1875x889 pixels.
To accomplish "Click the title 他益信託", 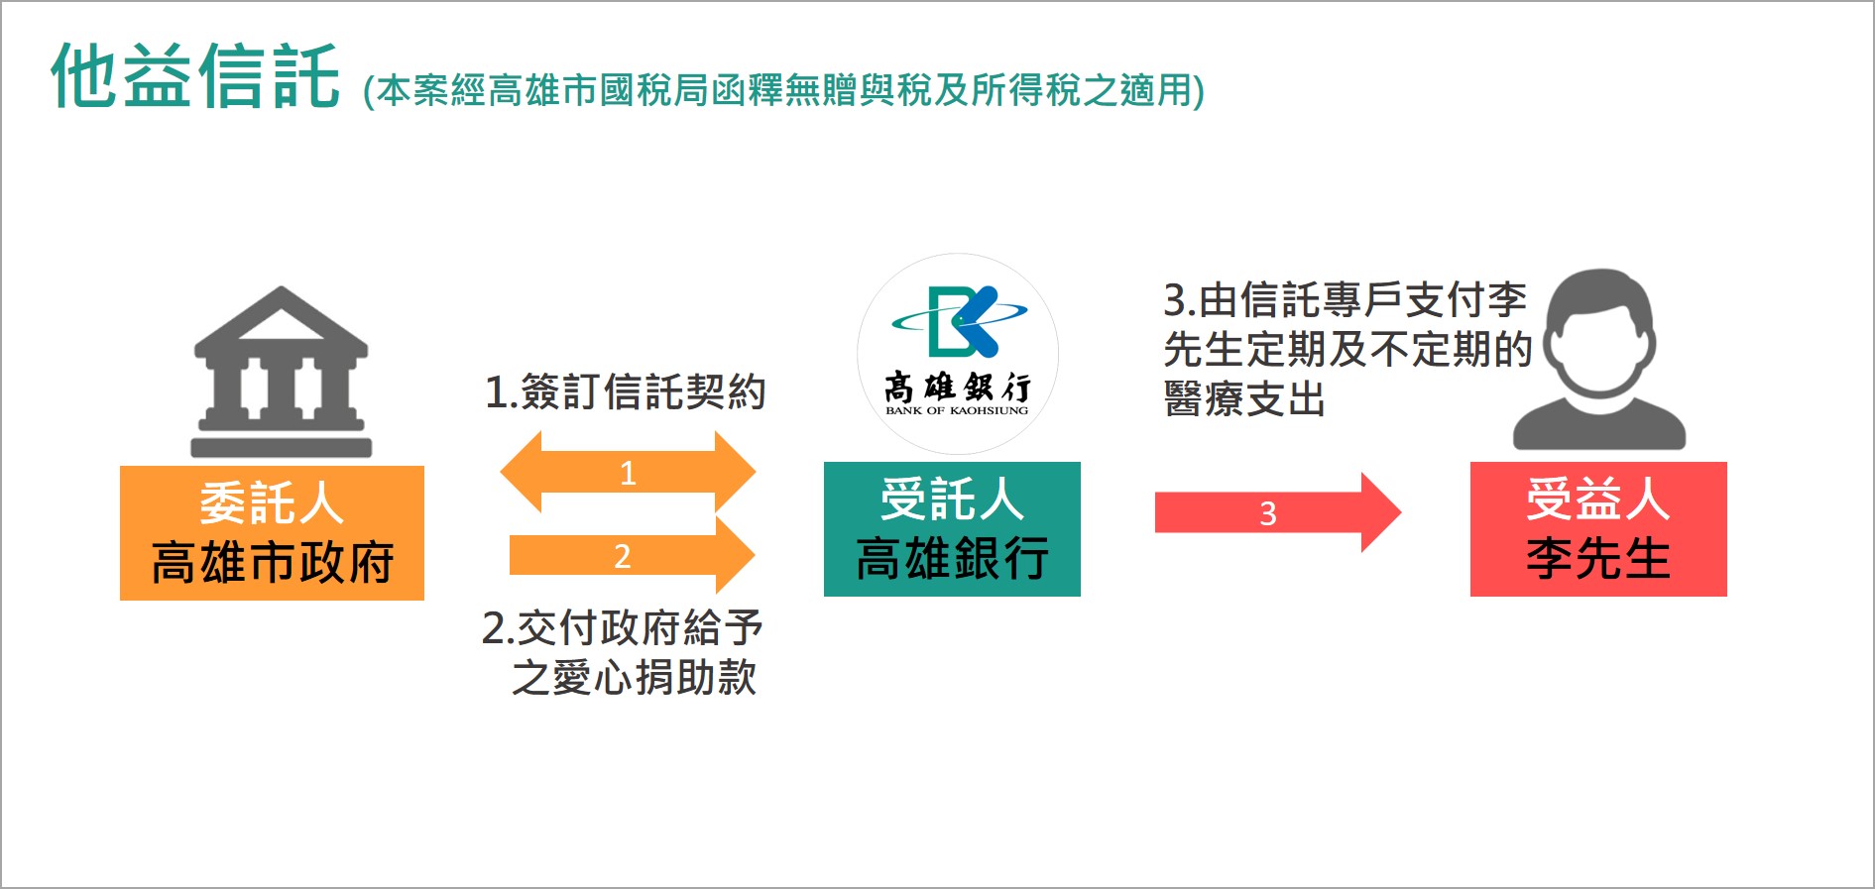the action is pos(195,75).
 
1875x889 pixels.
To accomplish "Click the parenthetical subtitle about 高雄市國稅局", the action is pos(784,90).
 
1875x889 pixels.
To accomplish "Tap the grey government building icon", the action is pos(281,372).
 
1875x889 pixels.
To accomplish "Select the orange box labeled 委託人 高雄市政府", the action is pos(272,533).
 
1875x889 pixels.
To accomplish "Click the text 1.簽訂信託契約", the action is pos(625,392).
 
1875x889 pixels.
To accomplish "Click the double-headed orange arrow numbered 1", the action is pos(628,472).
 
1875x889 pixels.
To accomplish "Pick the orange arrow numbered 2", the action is pos(632,555).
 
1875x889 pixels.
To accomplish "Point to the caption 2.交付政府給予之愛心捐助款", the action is pos(622,653).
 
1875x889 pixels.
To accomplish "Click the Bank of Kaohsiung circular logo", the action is pos(958,354).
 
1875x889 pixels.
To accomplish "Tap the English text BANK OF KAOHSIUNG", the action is pos(957,410).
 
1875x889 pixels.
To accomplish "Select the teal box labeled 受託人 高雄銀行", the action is pos(952,529).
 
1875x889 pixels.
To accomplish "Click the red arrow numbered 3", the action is pos(1278,512).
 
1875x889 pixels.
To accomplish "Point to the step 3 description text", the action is pos(1348,350).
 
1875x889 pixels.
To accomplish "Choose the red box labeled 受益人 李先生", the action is pos(1598,529).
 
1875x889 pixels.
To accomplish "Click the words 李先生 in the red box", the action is pos(1598,559).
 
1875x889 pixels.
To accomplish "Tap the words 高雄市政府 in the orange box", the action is pos(273,563).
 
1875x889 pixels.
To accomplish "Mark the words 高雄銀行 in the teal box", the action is pos(952,559).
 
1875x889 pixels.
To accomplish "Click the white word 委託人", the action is pos(272,503).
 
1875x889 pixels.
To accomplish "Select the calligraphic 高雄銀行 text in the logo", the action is pos(958,388).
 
